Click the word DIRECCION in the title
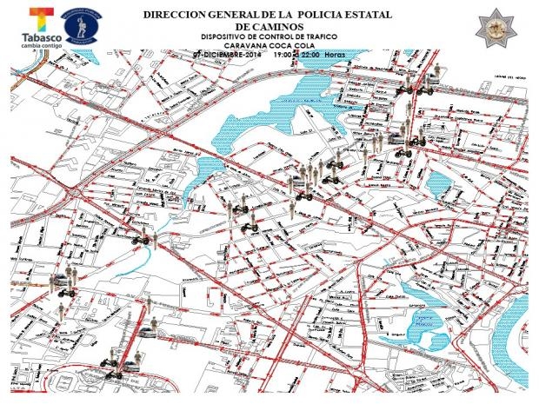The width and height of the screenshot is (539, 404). click(x=171, y=16)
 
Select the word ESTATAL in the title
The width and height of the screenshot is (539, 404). click(x=369, y=16)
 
